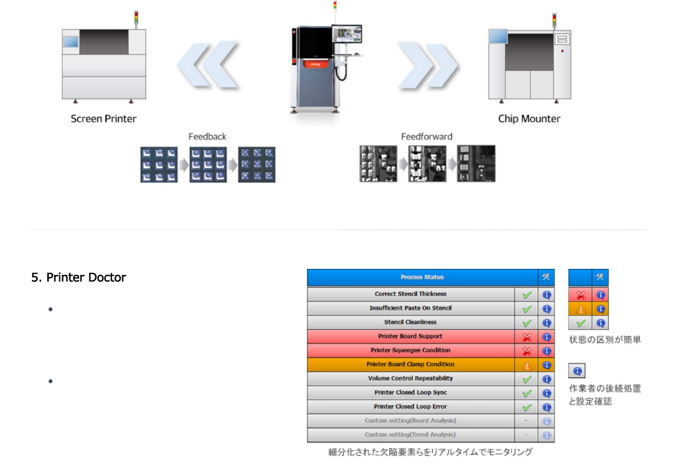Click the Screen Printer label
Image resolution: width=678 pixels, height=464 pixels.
[x=103, y=119]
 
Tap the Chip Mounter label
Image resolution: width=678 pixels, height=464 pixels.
[x=529, y=119]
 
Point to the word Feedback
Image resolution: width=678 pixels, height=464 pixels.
[x=207, y=137]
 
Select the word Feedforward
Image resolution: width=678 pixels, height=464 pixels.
[x=426, y=137]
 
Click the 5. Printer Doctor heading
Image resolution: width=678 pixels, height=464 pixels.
[x=79, y=277]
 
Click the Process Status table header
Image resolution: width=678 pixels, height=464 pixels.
[x=422, y=277]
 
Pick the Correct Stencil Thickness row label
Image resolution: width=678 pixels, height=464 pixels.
[x=410, y=294]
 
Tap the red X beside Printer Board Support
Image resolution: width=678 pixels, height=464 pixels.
[x=527, y=337]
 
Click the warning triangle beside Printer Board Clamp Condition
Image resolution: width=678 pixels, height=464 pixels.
[x=527, y=366]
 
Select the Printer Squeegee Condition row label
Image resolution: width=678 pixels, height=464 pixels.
[x=410, y=350]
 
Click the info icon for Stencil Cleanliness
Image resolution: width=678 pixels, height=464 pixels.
[x=547, y=323]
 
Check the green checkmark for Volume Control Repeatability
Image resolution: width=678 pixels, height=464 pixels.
[x=527, y=379]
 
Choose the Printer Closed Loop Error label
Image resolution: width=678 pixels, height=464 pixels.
[x=410, y=407]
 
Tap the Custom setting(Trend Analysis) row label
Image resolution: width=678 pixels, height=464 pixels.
[x=410, y=435]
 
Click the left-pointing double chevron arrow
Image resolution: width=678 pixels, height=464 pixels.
[x=209, y=65]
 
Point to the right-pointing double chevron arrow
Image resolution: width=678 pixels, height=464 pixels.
[x=427, y=65]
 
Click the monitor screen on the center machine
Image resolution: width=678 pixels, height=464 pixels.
[x=347, y=34]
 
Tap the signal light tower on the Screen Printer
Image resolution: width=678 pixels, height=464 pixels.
[x=136, y=18]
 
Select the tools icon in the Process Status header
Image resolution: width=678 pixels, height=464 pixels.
[x=546, y=277]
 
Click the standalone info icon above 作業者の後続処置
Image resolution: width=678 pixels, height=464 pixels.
[x=577, y=371]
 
